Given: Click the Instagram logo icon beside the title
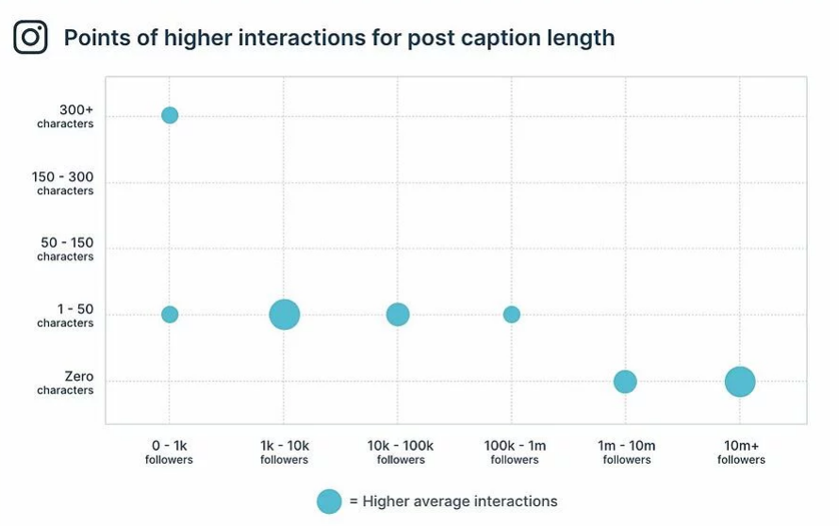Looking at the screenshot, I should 30,38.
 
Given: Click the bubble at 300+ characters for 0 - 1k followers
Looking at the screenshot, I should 170,115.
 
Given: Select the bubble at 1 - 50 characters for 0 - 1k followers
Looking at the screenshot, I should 170,314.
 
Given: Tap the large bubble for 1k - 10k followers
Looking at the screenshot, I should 284,314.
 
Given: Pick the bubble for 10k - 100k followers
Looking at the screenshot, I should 398,314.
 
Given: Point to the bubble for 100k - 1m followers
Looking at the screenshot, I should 512,314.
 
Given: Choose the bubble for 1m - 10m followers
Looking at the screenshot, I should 625,382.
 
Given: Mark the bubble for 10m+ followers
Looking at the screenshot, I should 740,382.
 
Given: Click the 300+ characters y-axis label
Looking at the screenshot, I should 65,116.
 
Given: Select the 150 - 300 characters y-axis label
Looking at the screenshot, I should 65,183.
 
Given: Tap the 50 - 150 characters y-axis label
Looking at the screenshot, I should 65,249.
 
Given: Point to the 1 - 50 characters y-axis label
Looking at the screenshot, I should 65,316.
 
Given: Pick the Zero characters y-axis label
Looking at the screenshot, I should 65,383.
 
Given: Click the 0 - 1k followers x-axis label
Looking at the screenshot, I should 170,452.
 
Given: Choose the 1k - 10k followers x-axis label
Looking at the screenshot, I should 284,452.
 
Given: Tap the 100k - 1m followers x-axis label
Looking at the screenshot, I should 515,452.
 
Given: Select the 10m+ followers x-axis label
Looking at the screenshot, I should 741,452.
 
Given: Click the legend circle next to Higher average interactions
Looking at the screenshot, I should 329,501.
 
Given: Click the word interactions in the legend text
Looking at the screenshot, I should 515,501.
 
